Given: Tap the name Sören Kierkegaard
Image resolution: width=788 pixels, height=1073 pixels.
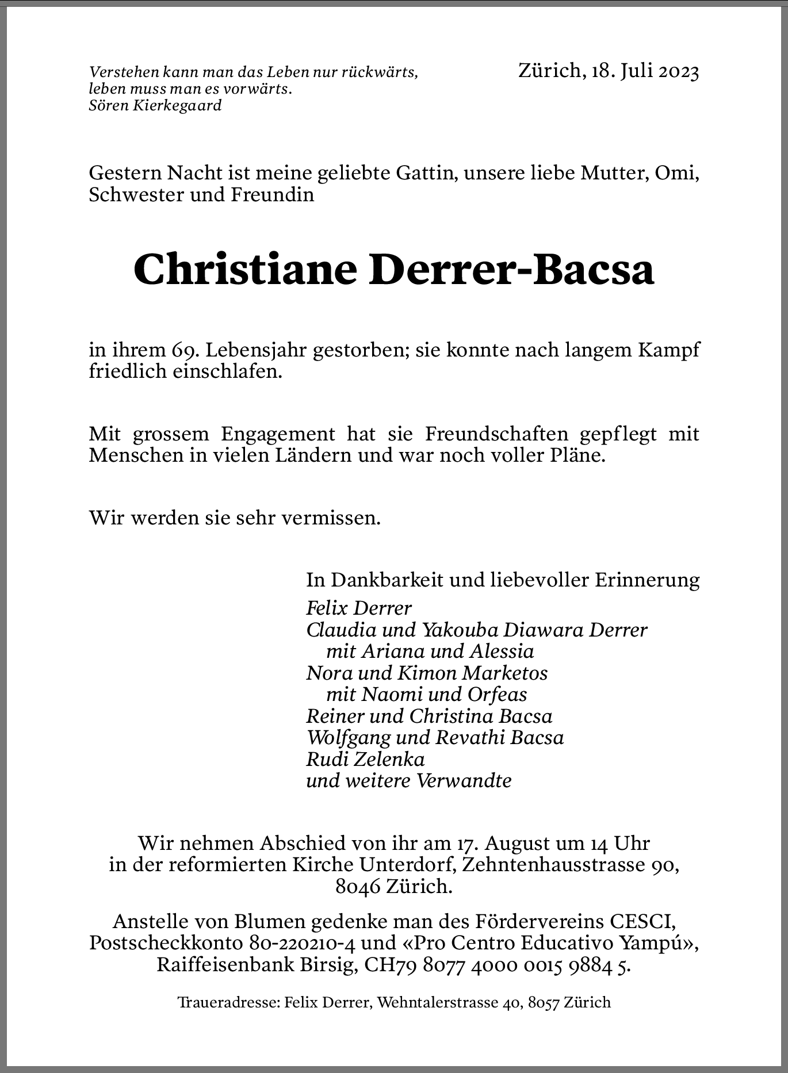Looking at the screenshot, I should pos(155,106).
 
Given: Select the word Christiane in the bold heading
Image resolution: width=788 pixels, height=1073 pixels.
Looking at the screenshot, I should pos(246,269).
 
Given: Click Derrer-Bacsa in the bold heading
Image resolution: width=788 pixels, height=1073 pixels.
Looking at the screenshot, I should pos(511,269).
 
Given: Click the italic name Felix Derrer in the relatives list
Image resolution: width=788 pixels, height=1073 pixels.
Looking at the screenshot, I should pos(359,608).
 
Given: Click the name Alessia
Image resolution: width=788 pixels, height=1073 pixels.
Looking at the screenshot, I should pos(502,651).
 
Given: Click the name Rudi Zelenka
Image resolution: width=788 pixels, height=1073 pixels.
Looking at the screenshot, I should pos(365,760).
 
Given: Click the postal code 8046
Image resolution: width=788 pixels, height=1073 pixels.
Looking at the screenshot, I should pos(358,886).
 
